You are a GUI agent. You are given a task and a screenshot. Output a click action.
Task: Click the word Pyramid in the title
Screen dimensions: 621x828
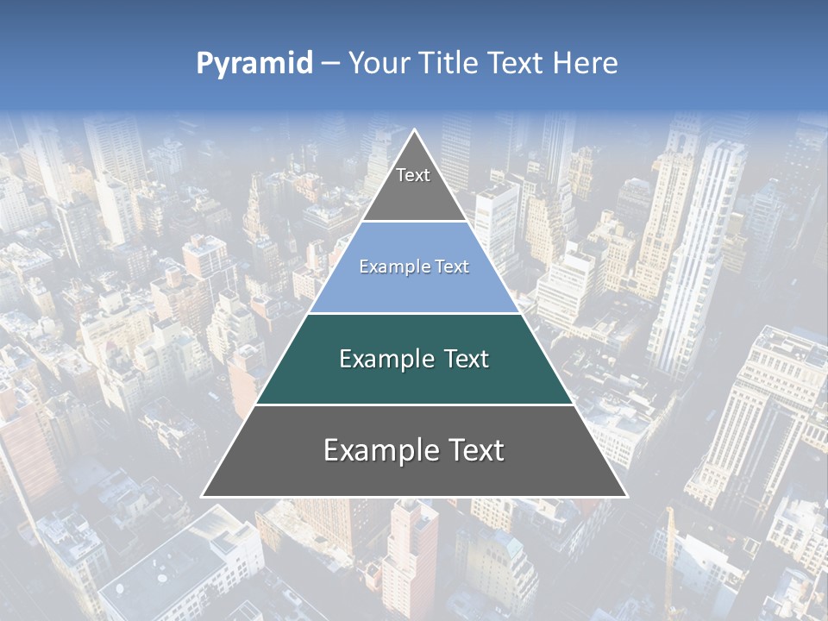[x=254, y=64]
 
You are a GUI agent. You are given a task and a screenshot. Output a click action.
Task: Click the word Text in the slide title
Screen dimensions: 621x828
[x=517, y=63]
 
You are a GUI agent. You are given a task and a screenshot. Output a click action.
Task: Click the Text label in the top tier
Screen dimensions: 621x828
[x=413, y=175]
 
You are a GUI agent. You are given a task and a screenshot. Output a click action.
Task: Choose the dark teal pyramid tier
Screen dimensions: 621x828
[x=414, y=379]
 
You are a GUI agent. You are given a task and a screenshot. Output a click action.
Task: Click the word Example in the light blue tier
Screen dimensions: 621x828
[x=389, y=267]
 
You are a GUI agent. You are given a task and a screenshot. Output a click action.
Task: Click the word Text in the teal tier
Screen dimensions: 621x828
[x=462, y=359]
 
